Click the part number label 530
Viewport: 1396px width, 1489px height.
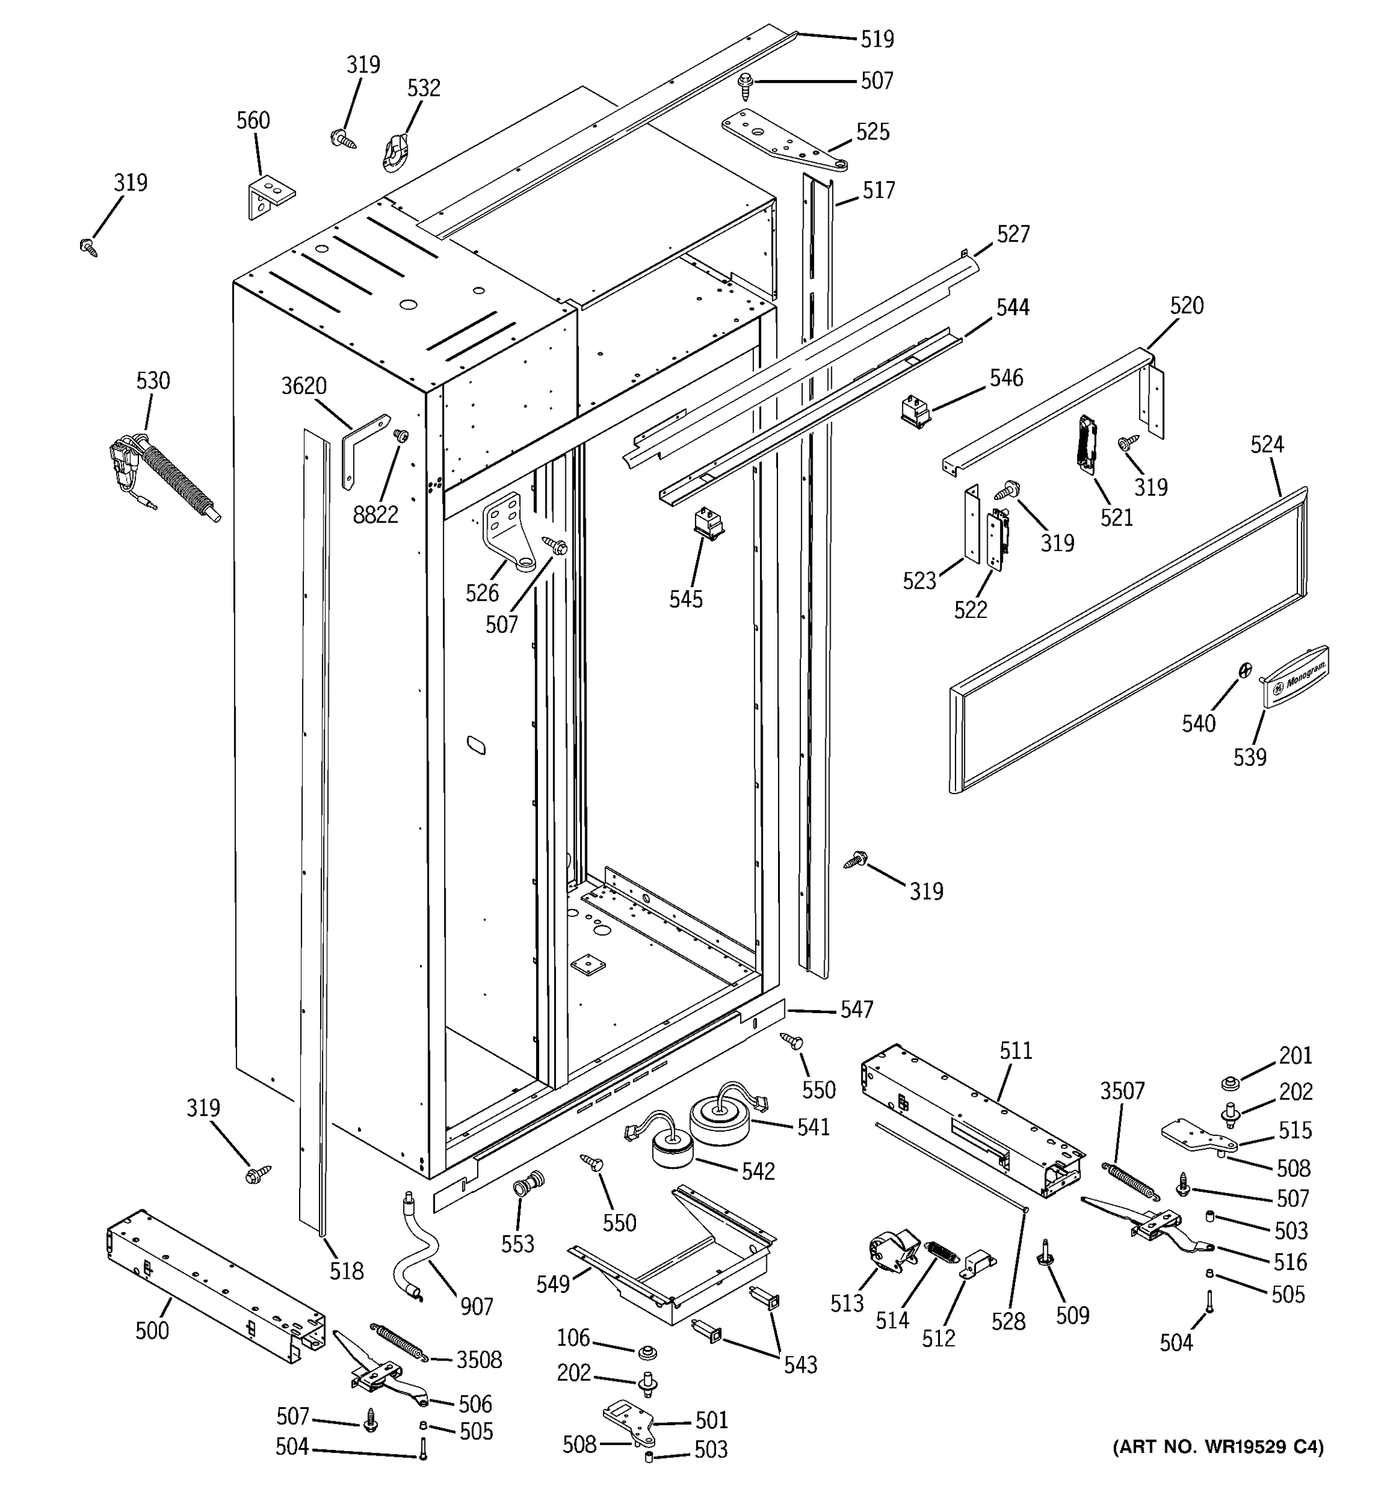(153, 380)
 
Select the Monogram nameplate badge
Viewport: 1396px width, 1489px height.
(1295, 676)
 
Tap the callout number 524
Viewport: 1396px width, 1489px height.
(1266, 445)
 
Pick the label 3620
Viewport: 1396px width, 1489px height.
(303, 387)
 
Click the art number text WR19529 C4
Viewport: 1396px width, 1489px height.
(1217, 1467)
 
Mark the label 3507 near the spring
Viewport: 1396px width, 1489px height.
(1122, 1091)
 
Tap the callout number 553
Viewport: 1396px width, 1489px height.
(517, 1244)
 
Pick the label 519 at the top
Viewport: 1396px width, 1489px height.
(876, 39)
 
